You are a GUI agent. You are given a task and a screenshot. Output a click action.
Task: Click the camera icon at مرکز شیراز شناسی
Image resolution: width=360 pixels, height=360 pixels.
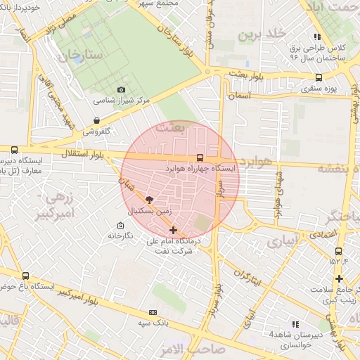click(121, 89)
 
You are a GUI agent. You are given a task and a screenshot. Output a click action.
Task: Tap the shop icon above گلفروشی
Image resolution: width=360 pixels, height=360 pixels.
click(96, 120)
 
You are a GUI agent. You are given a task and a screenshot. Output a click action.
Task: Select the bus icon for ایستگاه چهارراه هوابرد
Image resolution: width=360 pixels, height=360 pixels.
click(200, 157)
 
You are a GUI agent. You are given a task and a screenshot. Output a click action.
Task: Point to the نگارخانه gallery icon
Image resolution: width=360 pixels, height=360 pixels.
click(120, 226)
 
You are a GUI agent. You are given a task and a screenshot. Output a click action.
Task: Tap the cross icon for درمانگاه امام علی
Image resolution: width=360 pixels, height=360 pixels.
click(174, 230)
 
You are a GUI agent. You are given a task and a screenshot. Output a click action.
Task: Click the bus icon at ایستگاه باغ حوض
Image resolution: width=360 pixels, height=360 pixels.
click(26, 276)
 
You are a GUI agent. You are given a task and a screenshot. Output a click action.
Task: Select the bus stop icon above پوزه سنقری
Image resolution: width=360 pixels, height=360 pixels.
click(319, 78)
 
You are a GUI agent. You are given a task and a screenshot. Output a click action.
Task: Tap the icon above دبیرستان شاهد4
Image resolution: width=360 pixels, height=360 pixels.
click(295, 323)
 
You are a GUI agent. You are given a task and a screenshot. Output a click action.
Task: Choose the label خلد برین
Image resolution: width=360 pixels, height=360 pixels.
click(262, 34)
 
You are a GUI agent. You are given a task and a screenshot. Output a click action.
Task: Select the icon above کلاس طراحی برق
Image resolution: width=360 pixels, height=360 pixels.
click(317, 36)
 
